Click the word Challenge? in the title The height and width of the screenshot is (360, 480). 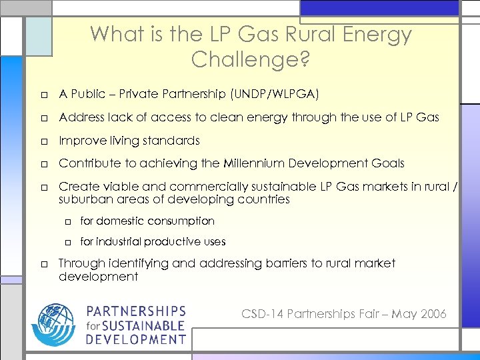pyautogui.click(x=250, y=59)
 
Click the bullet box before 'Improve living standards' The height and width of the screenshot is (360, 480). pyautogui.click(x=42, y=141)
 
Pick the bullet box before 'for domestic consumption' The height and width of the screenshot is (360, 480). pyautogui.click(x=68, y=221)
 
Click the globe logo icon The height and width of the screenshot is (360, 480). pyautogui.click(x=53, y=325)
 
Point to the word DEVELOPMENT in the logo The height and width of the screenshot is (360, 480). pyautogui.click(x=135, y=339)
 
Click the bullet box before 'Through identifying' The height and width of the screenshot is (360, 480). pyautogui.click(x=42, y=264)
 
